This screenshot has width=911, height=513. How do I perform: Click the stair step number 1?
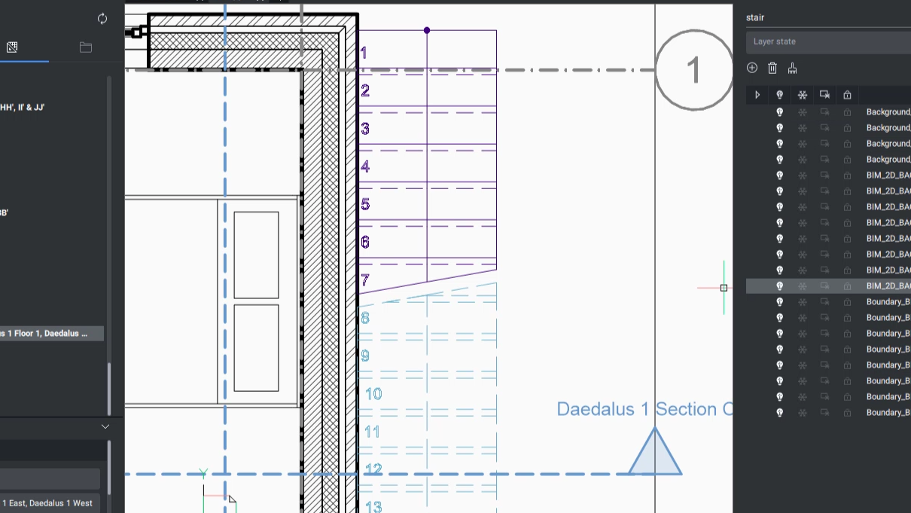(x=364, y=53)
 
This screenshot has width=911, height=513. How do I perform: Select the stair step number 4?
(x=365, y=166)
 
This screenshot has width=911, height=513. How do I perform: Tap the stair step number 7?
(x=365, y=280)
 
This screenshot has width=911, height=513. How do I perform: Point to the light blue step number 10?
(x=373, y=394)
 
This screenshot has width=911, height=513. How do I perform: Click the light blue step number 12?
(x=373, y=469)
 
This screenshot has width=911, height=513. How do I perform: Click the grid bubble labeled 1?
(x=693, y=70)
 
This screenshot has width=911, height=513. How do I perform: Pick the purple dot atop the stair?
(x=427, y=30)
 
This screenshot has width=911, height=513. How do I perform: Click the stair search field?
(x=824, y=17)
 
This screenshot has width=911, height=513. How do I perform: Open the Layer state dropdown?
(x=824, y=41)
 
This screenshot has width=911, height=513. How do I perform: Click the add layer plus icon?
(x=752, y=69)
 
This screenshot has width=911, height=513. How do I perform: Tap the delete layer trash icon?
(x=772, y=69)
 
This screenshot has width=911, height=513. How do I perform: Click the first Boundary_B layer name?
(x=888, y=302)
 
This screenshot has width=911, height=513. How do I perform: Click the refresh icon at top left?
(x=102, y=19)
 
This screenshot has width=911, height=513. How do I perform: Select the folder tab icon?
(x=86, y=47)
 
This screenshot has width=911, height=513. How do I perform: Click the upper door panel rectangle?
(x=256, y=255)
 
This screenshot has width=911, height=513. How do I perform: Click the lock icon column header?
(x=847, y=95)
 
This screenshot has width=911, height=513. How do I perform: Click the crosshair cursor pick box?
(x=724, y=288)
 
